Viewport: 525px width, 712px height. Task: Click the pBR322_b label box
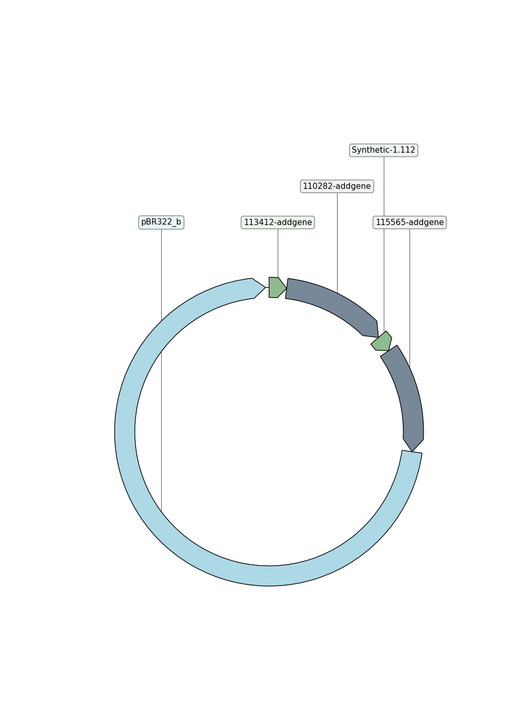click(161, 222)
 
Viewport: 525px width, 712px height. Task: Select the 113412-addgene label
click(278, 222)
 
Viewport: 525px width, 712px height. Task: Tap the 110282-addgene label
click(337, 186)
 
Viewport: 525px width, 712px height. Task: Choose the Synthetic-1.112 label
click(383, 150)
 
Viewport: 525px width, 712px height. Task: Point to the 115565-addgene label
click(409, 222)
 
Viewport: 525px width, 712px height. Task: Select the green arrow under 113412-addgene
click(277, 288)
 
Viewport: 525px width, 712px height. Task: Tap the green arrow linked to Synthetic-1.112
click(382, 342)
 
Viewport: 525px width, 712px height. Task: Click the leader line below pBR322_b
click(161, 370)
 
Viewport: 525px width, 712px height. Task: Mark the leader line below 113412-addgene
click(278, 253)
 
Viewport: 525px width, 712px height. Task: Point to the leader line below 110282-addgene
click(337, 243)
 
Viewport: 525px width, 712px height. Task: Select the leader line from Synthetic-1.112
click(384, 245)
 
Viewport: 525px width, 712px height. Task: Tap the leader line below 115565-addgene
click(409, 299)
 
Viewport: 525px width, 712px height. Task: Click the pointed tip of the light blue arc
click(265, 288)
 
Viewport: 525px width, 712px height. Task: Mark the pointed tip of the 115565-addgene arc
click(412, 451)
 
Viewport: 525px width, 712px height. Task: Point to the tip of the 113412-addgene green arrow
click(287, 289)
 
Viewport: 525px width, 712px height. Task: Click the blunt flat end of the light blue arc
click(412, 452)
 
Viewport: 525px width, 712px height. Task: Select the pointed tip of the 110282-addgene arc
click(379, 337)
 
